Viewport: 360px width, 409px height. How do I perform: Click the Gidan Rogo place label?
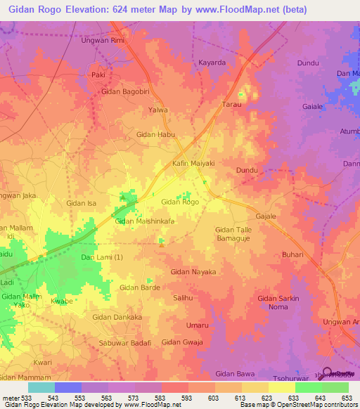tap(180, 202)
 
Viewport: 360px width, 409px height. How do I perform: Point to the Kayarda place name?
tap(212, 63)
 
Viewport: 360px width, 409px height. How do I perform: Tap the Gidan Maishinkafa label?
tap(144, 221)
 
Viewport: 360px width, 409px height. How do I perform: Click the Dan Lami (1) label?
tap(102, 257)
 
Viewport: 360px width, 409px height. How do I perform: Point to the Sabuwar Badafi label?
tap(126, 342)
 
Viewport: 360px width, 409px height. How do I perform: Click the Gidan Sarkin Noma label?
tap(278, 303)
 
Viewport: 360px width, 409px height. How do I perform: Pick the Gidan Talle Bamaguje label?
tap(238, 234)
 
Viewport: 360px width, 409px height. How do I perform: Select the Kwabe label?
tap(63, 301)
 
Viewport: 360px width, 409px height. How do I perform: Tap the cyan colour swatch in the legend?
tap(41, 387)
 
